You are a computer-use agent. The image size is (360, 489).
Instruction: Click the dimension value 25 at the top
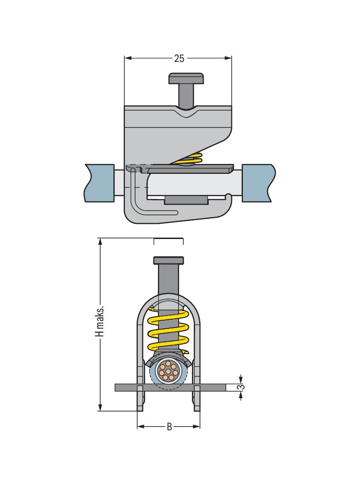[179, 58]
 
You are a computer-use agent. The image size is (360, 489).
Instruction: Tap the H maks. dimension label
[100, 321]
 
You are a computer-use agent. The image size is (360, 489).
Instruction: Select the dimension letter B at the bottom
[169, 426]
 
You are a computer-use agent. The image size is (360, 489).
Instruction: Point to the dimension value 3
[240, 387]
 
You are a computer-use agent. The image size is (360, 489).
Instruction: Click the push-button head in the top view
[186, 78]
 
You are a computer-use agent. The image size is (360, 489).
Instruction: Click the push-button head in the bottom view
[169, 260]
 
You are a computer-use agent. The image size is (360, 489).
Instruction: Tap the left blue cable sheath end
[100, 183]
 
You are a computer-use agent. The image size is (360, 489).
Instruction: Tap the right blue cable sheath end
[259, 183]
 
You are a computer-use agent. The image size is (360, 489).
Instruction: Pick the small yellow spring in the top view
[191, 159]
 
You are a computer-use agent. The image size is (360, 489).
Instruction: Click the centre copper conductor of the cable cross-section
[169, 372]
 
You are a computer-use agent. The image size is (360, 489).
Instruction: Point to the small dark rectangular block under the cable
[186, 200]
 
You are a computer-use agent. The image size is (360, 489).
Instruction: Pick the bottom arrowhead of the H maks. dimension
[100, 407]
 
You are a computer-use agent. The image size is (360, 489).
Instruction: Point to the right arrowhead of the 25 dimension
[229, 58]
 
